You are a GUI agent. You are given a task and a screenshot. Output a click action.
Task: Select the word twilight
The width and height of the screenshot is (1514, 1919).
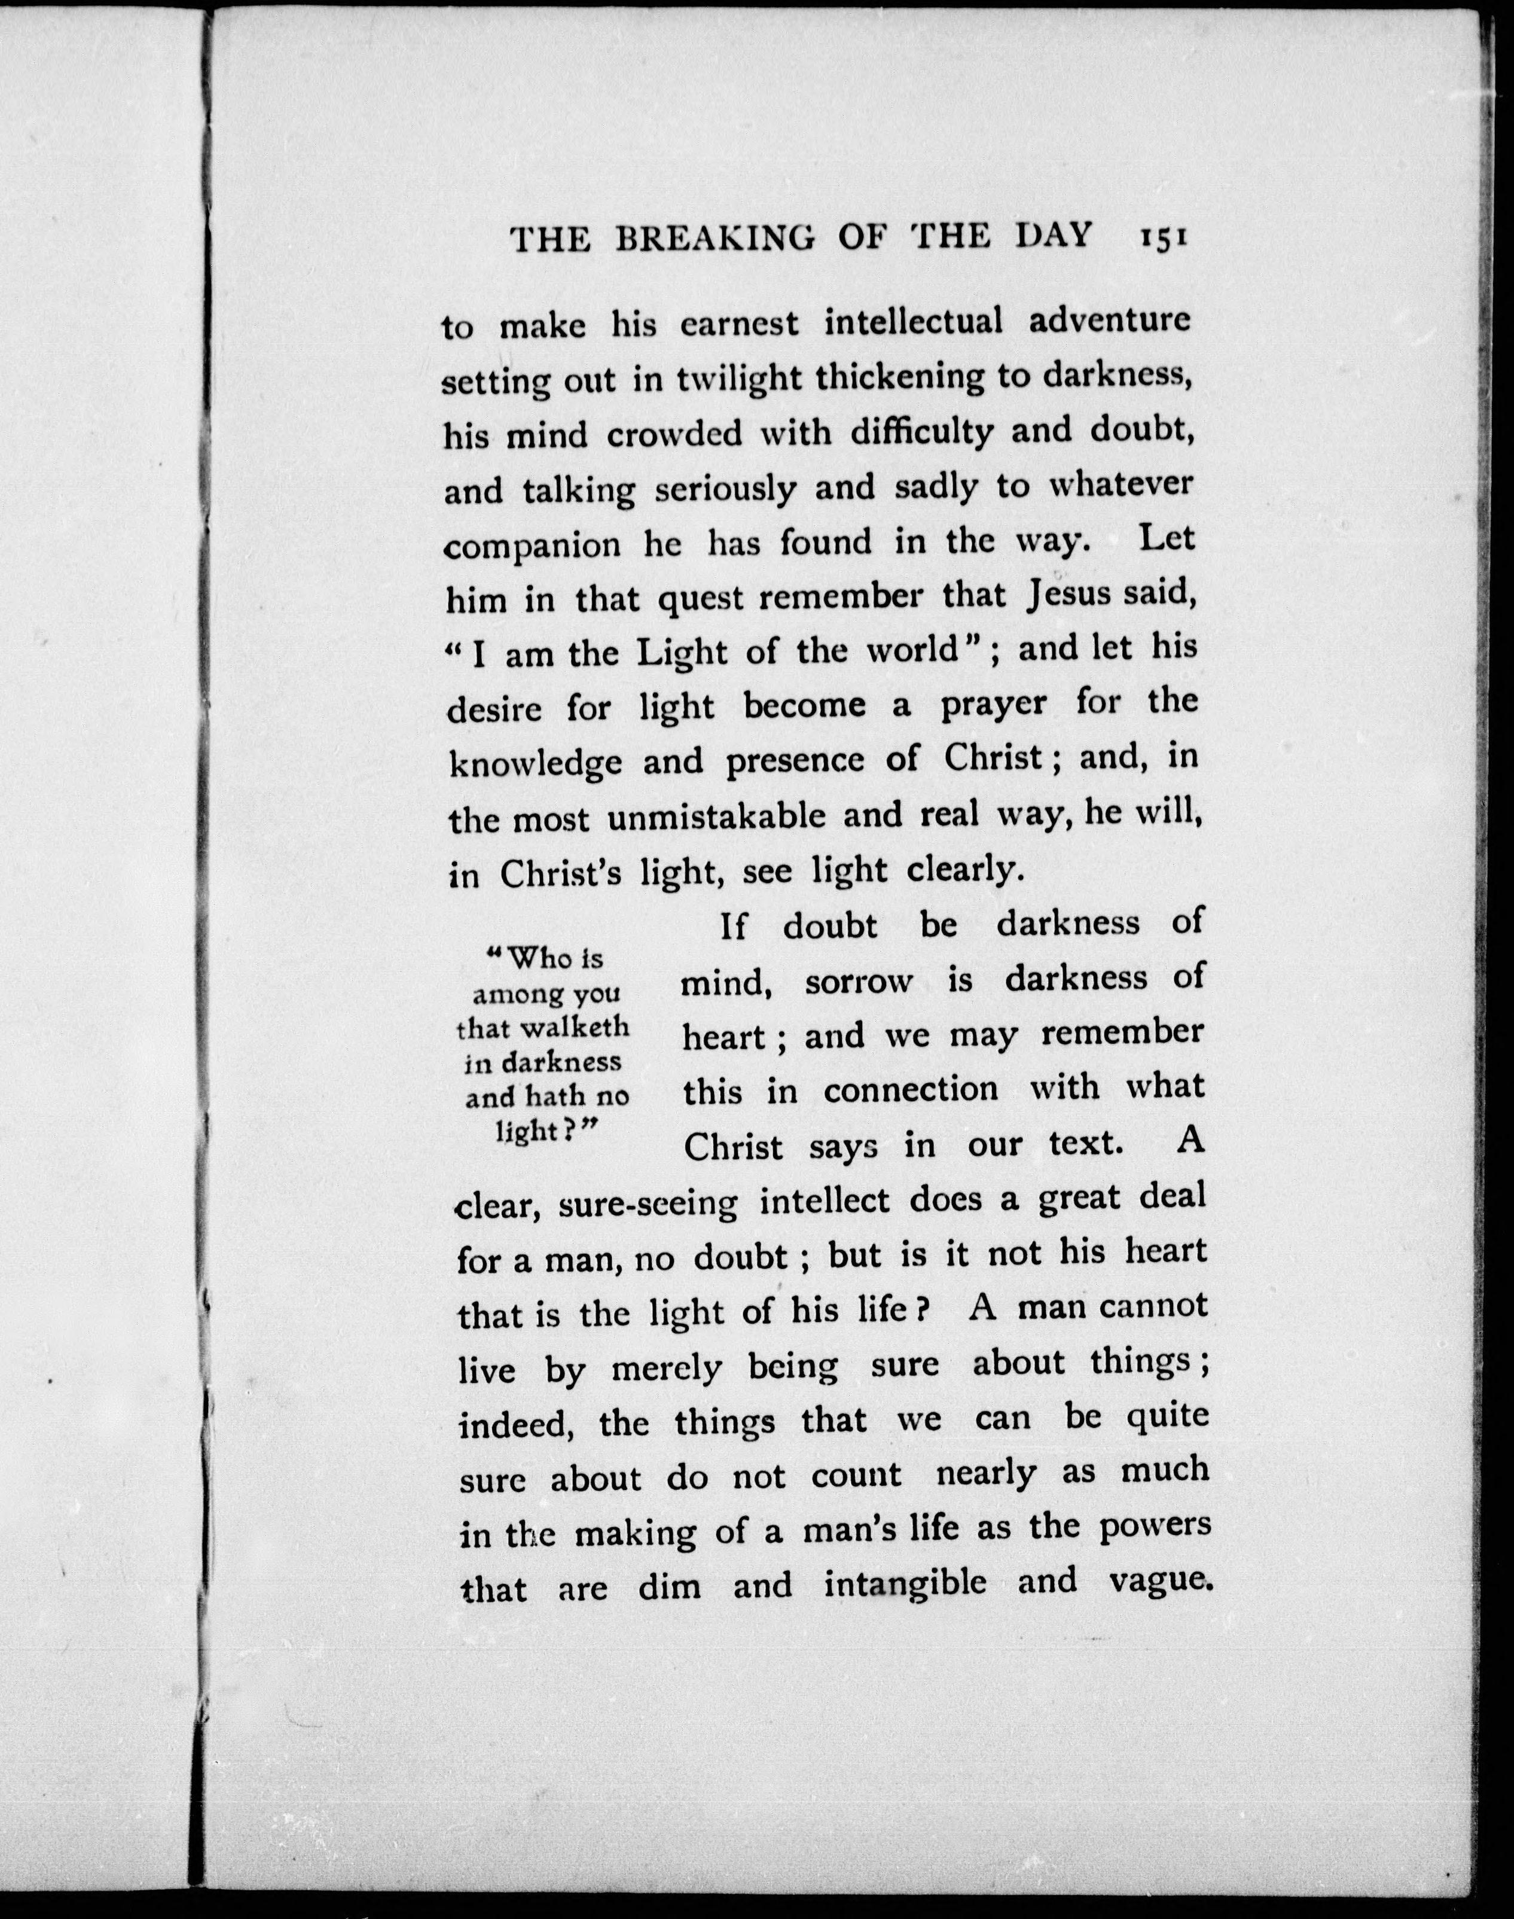(x=739, y=379)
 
